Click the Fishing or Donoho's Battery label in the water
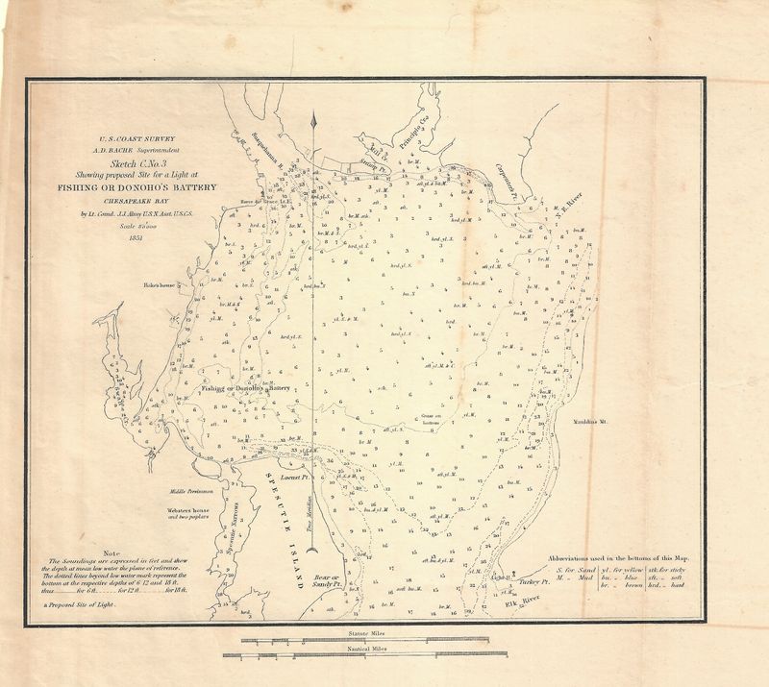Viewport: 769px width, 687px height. coord(246,389)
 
